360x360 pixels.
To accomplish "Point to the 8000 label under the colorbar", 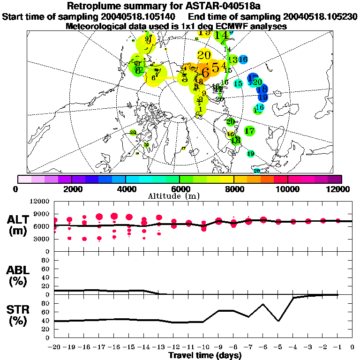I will [x=233, y=189].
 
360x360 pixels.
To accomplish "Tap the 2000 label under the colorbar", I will [x=71, y=189].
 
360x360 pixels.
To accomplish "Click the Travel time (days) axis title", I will [x=205, y=356].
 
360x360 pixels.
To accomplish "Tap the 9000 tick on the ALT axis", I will [x=42, y=214].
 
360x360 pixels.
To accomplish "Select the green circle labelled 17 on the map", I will [x=249, y=131].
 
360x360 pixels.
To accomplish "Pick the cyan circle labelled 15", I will [x=238, y=84].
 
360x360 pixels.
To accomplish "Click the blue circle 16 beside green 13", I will [x=243, y=60].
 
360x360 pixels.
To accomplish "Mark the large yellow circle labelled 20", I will [x=204, y=55].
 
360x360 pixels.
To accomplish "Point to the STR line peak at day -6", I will [x=262, y=304].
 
